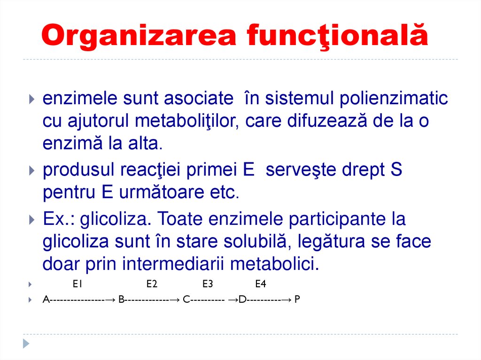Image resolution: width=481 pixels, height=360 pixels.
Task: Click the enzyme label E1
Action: click(78, 284)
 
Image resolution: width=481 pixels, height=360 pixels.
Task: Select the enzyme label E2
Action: click(151, 284)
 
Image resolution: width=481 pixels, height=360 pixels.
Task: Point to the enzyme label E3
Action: click(208, 284)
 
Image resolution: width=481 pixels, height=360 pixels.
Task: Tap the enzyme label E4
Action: click(261, 284)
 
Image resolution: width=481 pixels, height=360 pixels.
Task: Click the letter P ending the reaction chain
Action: click(297, 299)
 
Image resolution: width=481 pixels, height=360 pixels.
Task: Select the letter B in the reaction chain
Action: click(121, 299)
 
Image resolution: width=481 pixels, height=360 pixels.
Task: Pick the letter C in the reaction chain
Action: click(186, 299)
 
